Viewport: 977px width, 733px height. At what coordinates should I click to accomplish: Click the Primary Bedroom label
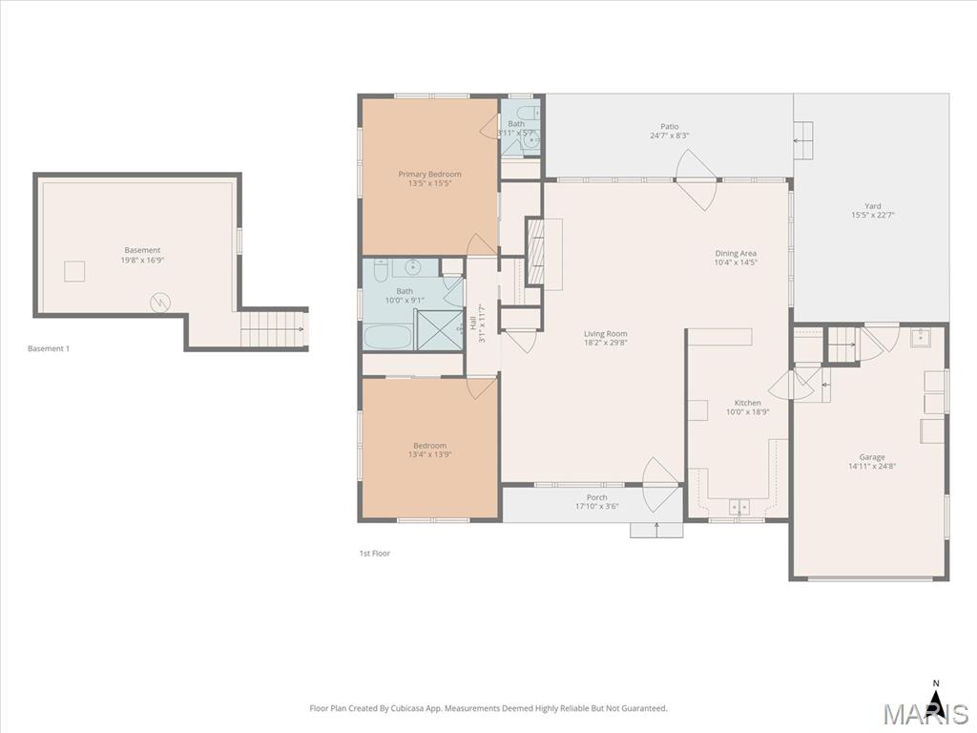click(429, 174)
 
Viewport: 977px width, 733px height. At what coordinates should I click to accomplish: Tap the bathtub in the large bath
click(387, 336)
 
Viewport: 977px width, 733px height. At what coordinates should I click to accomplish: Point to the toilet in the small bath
click(531, 140)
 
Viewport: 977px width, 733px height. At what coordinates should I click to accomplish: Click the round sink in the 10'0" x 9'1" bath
click(413, 266)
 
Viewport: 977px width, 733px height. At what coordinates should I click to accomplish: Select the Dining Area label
click(736, 253)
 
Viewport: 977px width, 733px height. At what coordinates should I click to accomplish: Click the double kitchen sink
click(739, 507)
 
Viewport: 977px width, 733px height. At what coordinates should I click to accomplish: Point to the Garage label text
click(871, 457)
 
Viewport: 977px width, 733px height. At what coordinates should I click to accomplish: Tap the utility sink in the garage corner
click(921, 337)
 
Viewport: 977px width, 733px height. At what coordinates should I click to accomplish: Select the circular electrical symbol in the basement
click(161, 303)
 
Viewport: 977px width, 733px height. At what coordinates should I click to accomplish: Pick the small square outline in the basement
click(75, 272)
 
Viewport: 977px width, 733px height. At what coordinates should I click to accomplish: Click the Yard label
click(872, 205)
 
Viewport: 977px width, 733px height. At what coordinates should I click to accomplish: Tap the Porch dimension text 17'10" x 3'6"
click(596, 506)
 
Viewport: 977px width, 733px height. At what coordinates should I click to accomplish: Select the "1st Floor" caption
click(374, 554)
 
